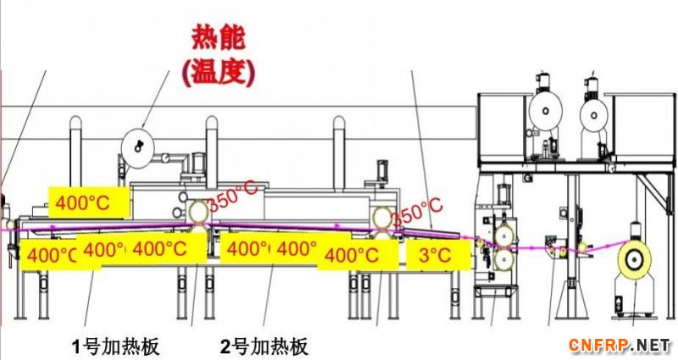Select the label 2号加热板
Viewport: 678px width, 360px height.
click(x=264, y=346)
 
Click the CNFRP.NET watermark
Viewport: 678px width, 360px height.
click(x=619, y=345)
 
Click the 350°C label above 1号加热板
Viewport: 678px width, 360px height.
click(x=233, y=197)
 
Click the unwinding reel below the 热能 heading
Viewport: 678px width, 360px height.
click(x=135, y=147)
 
